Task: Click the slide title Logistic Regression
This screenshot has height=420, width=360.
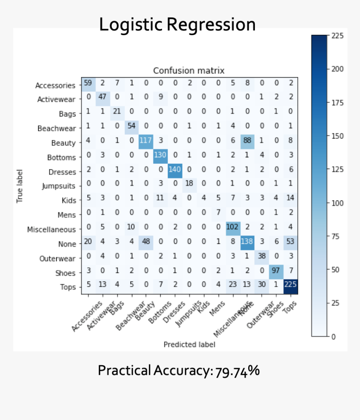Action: point(177,25)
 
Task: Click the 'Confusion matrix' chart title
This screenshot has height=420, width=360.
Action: point(188,70)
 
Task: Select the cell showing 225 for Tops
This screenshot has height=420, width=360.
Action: point(291,287)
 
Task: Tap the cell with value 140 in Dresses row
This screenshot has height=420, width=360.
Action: point(175,172)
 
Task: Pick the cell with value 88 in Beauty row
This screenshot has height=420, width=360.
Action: point(247,143)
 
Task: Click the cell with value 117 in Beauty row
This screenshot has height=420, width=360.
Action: point(145,143)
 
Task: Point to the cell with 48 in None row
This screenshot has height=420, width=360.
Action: point(145,244)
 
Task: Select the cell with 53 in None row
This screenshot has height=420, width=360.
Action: point(291,244)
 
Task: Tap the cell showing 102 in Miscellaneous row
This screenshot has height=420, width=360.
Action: point(233,229)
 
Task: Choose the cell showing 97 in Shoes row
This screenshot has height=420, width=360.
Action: point(276,273)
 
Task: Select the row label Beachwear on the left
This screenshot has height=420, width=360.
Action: point(57,129)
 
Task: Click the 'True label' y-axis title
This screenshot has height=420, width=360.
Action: point(20,186)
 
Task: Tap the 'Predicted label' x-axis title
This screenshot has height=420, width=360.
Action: point(189,345)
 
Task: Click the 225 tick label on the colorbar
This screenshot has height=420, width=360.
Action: point(337,36)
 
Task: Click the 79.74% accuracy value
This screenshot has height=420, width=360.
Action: point(238,371)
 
